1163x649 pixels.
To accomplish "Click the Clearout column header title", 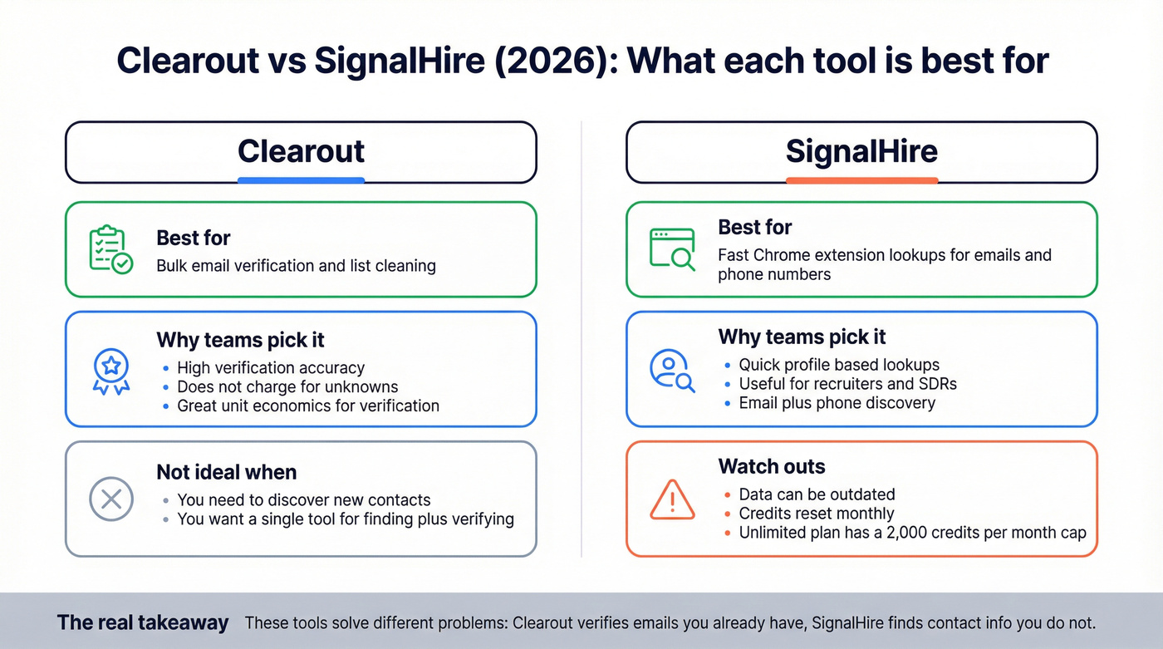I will (x=301, y=151).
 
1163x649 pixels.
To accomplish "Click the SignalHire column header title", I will (x=861, y=151).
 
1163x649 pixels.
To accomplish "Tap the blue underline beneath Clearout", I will (x=301, y=180).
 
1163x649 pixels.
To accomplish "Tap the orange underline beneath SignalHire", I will (x=861, y=180).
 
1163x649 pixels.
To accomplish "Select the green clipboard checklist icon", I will (x=110, y=249).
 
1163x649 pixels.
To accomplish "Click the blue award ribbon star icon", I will (x=110, y=371).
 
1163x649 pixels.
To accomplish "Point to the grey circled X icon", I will (x=110, y=499).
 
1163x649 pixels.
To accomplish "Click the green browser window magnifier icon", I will (x=672, y=249).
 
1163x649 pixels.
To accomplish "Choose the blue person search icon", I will (x=672, y=371).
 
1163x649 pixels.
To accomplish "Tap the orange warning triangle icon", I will (x=672, y=499).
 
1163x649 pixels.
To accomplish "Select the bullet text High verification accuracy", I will (x=271, y=367).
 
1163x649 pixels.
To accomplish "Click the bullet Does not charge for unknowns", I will (x=287, y=386).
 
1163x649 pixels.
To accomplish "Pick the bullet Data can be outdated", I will (x=817, y=494).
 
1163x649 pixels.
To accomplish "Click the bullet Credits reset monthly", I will (x=817, y=514).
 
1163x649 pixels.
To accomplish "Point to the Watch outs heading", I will (x=772, y=466).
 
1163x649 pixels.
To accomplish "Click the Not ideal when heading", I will (x=226, y=472).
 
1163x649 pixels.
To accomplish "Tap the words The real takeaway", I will (x=142, y=622).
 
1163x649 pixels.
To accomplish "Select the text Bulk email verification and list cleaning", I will (x=296, y=266).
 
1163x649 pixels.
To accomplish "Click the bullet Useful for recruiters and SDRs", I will (x=848, y=384).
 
